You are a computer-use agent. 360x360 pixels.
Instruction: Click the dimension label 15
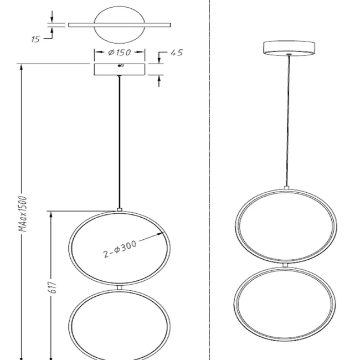click(x=35, y=39)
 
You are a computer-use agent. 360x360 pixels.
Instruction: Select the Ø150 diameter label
click(x=120, y=53)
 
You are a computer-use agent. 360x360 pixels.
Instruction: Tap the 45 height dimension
click(x=177, y=53)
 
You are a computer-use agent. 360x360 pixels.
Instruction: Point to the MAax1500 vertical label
click(x=23, y=214)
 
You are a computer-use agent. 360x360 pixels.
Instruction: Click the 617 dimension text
click(x=53, y=287)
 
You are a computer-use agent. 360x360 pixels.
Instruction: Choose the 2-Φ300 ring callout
click(x=120, y=249)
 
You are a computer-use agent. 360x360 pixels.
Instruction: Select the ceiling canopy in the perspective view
click(x=289, y=48)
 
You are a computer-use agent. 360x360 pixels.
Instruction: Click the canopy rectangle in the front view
click(x=120, y=69)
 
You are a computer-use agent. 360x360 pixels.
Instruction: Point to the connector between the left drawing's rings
click(x=120, y=287)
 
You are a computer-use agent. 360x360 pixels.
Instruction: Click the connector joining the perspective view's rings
click(x=285, y=265)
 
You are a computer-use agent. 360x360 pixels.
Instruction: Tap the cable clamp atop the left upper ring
click(x=120, y=209)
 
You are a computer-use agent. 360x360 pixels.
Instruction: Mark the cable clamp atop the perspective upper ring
click(x=286, y=188)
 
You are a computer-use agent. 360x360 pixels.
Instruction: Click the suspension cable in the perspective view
click(x=288, y=121)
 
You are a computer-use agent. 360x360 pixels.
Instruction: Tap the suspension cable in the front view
click(x=119, y=142)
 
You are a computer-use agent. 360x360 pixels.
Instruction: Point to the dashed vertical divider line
click(x=209, y=180)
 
